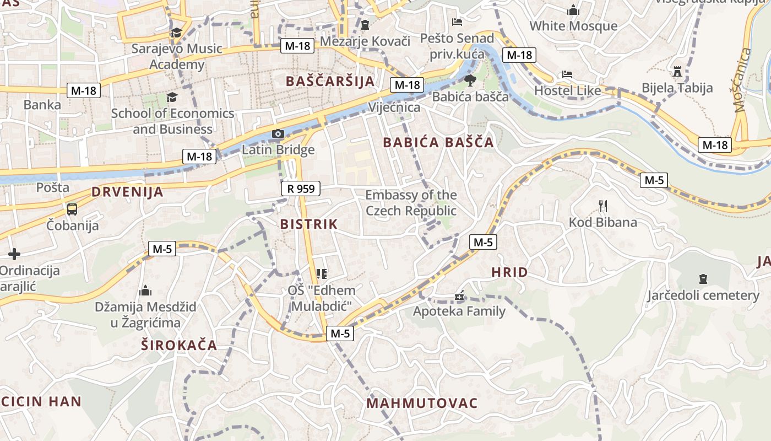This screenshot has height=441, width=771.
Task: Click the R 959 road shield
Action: (x=301, y=189)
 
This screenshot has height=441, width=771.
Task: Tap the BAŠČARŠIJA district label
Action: (x=330, y=82)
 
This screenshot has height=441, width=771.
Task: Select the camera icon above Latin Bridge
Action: (x=278, y=134)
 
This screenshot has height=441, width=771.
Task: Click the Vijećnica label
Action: (x=394, y=107)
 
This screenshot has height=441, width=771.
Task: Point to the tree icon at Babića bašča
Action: (x=470, y=80)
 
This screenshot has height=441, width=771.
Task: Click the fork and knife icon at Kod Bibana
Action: (x=603, y=206)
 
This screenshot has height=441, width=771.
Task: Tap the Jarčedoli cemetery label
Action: (x=703, y=295)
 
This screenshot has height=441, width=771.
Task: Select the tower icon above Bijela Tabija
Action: (x=677, y=72)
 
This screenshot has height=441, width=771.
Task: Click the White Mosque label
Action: (x=573, y=26)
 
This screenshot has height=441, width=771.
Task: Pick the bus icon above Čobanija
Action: (x=72, y=209)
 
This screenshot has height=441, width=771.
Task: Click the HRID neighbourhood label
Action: (x=509, y=272)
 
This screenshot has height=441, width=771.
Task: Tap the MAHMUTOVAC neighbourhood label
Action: (x=422, y=403)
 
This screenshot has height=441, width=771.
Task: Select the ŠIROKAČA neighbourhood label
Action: (x=178, y=346)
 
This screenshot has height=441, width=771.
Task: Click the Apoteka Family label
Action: (x=459, y=311)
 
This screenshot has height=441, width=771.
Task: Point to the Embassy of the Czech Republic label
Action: (x=411, y=203)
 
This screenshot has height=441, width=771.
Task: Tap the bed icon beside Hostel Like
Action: (x=567, y=74)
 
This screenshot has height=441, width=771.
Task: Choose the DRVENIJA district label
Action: (x=127, y=192)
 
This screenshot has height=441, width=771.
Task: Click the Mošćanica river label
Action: (x=741, y=80)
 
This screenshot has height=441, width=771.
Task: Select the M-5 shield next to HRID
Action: (x=483, y=242)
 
